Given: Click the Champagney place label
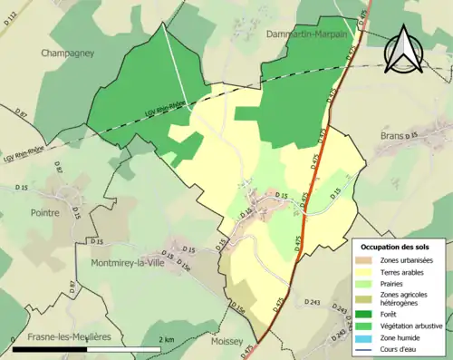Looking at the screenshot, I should point(68,54).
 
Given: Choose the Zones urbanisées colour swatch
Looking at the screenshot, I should point(368,260).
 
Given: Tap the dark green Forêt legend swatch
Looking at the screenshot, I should point(368,315).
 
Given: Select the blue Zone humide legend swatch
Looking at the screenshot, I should point(368,336).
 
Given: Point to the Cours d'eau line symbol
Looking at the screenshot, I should point(368,347).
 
